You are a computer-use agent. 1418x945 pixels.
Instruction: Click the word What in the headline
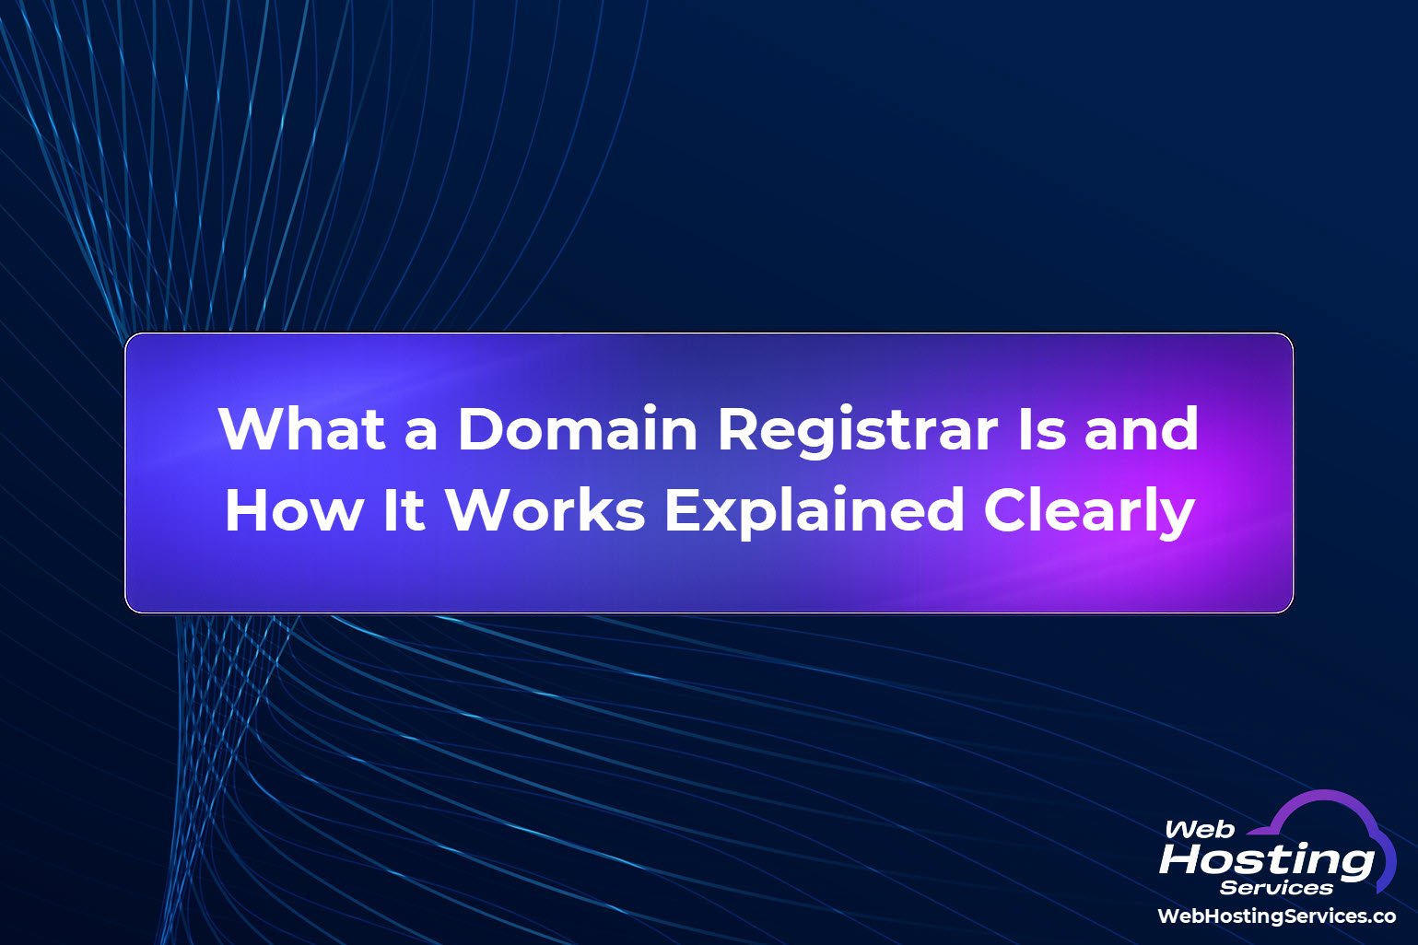tap(302, 428)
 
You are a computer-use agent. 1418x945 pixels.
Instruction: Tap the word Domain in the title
tap(577, 428)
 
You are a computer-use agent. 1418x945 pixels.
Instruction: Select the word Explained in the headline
tap(814, 511)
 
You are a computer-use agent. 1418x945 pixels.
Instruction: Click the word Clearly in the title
tap(1089, 511)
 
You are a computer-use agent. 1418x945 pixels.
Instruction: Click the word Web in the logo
tap(1199, 829)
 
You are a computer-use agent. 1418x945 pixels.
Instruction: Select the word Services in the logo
tap(1276, 888)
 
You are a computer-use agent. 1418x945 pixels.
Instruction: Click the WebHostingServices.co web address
tap(1276, 916)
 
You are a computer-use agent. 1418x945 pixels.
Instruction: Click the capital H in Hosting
tap(1184, 860)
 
